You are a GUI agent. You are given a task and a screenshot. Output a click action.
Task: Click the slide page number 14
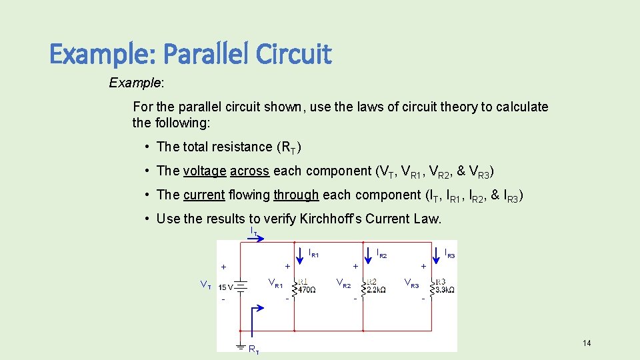point(587,343)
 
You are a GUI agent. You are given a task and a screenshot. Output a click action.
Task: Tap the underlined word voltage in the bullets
point(205,171)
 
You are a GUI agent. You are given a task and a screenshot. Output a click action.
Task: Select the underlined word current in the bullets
point(204,195)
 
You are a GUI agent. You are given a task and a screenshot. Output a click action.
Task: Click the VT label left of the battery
point(206,285)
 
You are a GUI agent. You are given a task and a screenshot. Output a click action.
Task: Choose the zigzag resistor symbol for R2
point(364,288)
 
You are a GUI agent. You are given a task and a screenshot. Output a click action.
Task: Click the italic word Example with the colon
point(137,83)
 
